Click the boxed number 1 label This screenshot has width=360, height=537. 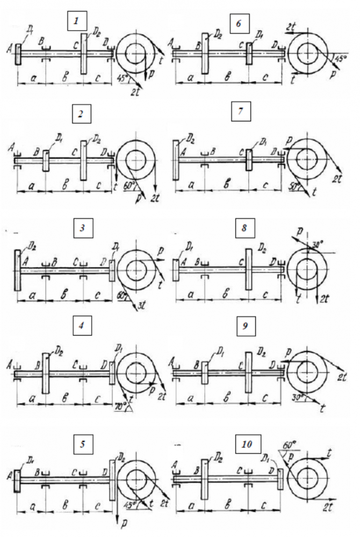tap(77, 21)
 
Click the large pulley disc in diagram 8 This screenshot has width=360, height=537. tap(248, 268)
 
